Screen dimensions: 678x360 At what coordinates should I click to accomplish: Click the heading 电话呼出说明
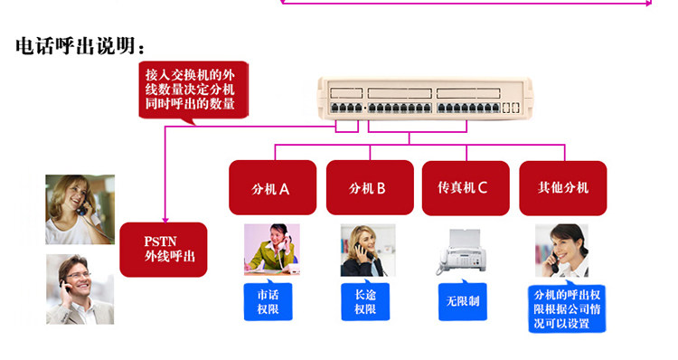(80, 45)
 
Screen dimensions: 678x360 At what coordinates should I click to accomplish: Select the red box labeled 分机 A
(272, 187)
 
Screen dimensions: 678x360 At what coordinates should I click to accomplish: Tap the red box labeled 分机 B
(370, 187)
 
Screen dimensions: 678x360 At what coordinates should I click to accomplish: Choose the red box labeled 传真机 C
(466, 188)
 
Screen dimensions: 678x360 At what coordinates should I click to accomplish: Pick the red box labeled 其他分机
(563, 188)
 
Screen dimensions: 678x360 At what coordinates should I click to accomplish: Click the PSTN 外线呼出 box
(164, 250)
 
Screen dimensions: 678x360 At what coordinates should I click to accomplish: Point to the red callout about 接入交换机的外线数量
(193, 90)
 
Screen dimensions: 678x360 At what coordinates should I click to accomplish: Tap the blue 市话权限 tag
(268, 301)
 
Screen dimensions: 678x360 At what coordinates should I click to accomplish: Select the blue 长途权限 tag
(365, 301)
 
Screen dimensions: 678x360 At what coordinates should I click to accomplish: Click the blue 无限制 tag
(463, 301)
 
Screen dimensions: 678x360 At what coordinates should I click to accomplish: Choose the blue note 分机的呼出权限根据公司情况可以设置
(567, 308)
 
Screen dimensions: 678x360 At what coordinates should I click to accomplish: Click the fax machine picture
(461, 252)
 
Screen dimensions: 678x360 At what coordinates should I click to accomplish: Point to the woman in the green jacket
(272, 250)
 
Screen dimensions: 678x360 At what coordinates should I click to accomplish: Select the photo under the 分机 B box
(368, 250)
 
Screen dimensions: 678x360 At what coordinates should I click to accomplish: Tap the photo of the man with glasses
(80, 289)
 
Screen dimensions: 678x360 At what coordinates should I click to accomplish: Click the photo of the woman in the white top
(80, 210)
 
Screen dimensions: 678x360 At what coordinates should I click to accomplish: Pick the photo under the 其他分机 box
(561, 251)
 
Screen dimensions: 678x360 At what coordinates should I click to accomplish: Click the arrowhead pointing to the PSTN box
(165, 220)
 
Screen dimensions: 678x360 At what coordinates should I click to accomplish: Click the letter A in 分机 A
(284, 189)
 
